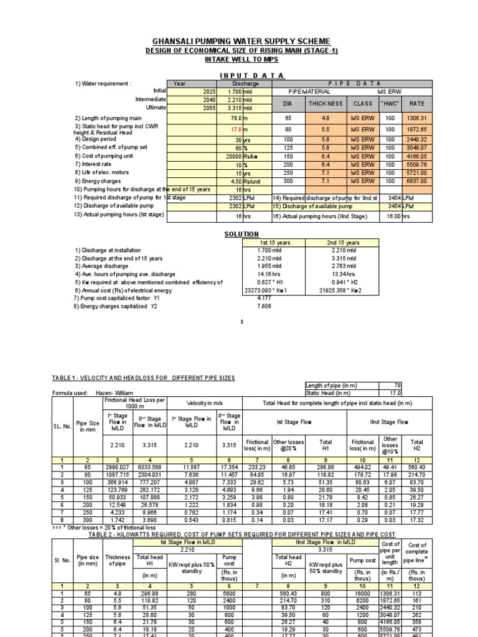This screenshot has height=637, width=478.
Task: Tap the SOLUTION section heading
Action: tap(241, 235)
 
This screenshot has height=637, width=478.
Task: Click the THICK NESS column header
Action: tap(327, 104)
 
